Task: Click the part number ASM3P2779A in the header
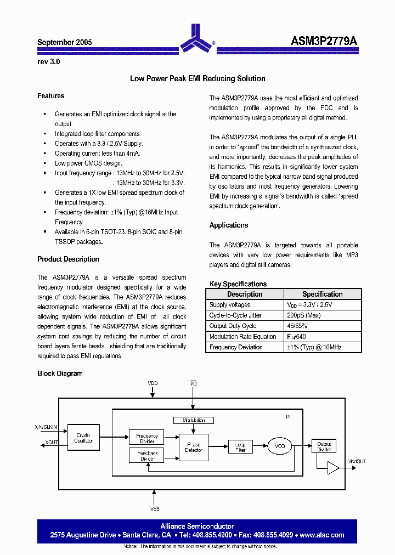coord(324,42)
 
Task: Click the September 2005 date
coord(64,42)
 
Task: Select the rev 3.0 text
coord(49,62)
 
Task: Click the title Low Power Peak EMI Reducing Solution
coord(198,78)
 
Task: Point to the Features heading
coord(50,96)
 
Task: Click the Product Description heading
coord(68,259)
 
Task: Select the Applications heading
coord(229,225)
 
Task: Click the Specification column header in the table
coord(322,295)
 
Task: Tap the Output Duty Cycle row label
coord(233,326)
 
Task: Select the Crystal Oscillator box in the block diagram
coord(84,438)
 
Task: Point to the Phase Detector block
coord(194,448)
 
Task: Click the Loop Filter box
coord(240,447)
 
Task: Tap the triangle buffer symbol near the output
coord(333,467)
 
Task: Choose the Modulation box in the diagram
coord(194,420)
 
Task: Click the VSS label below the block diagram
coord(154,508)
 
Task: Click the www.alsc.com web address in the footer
coord(322,535)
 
